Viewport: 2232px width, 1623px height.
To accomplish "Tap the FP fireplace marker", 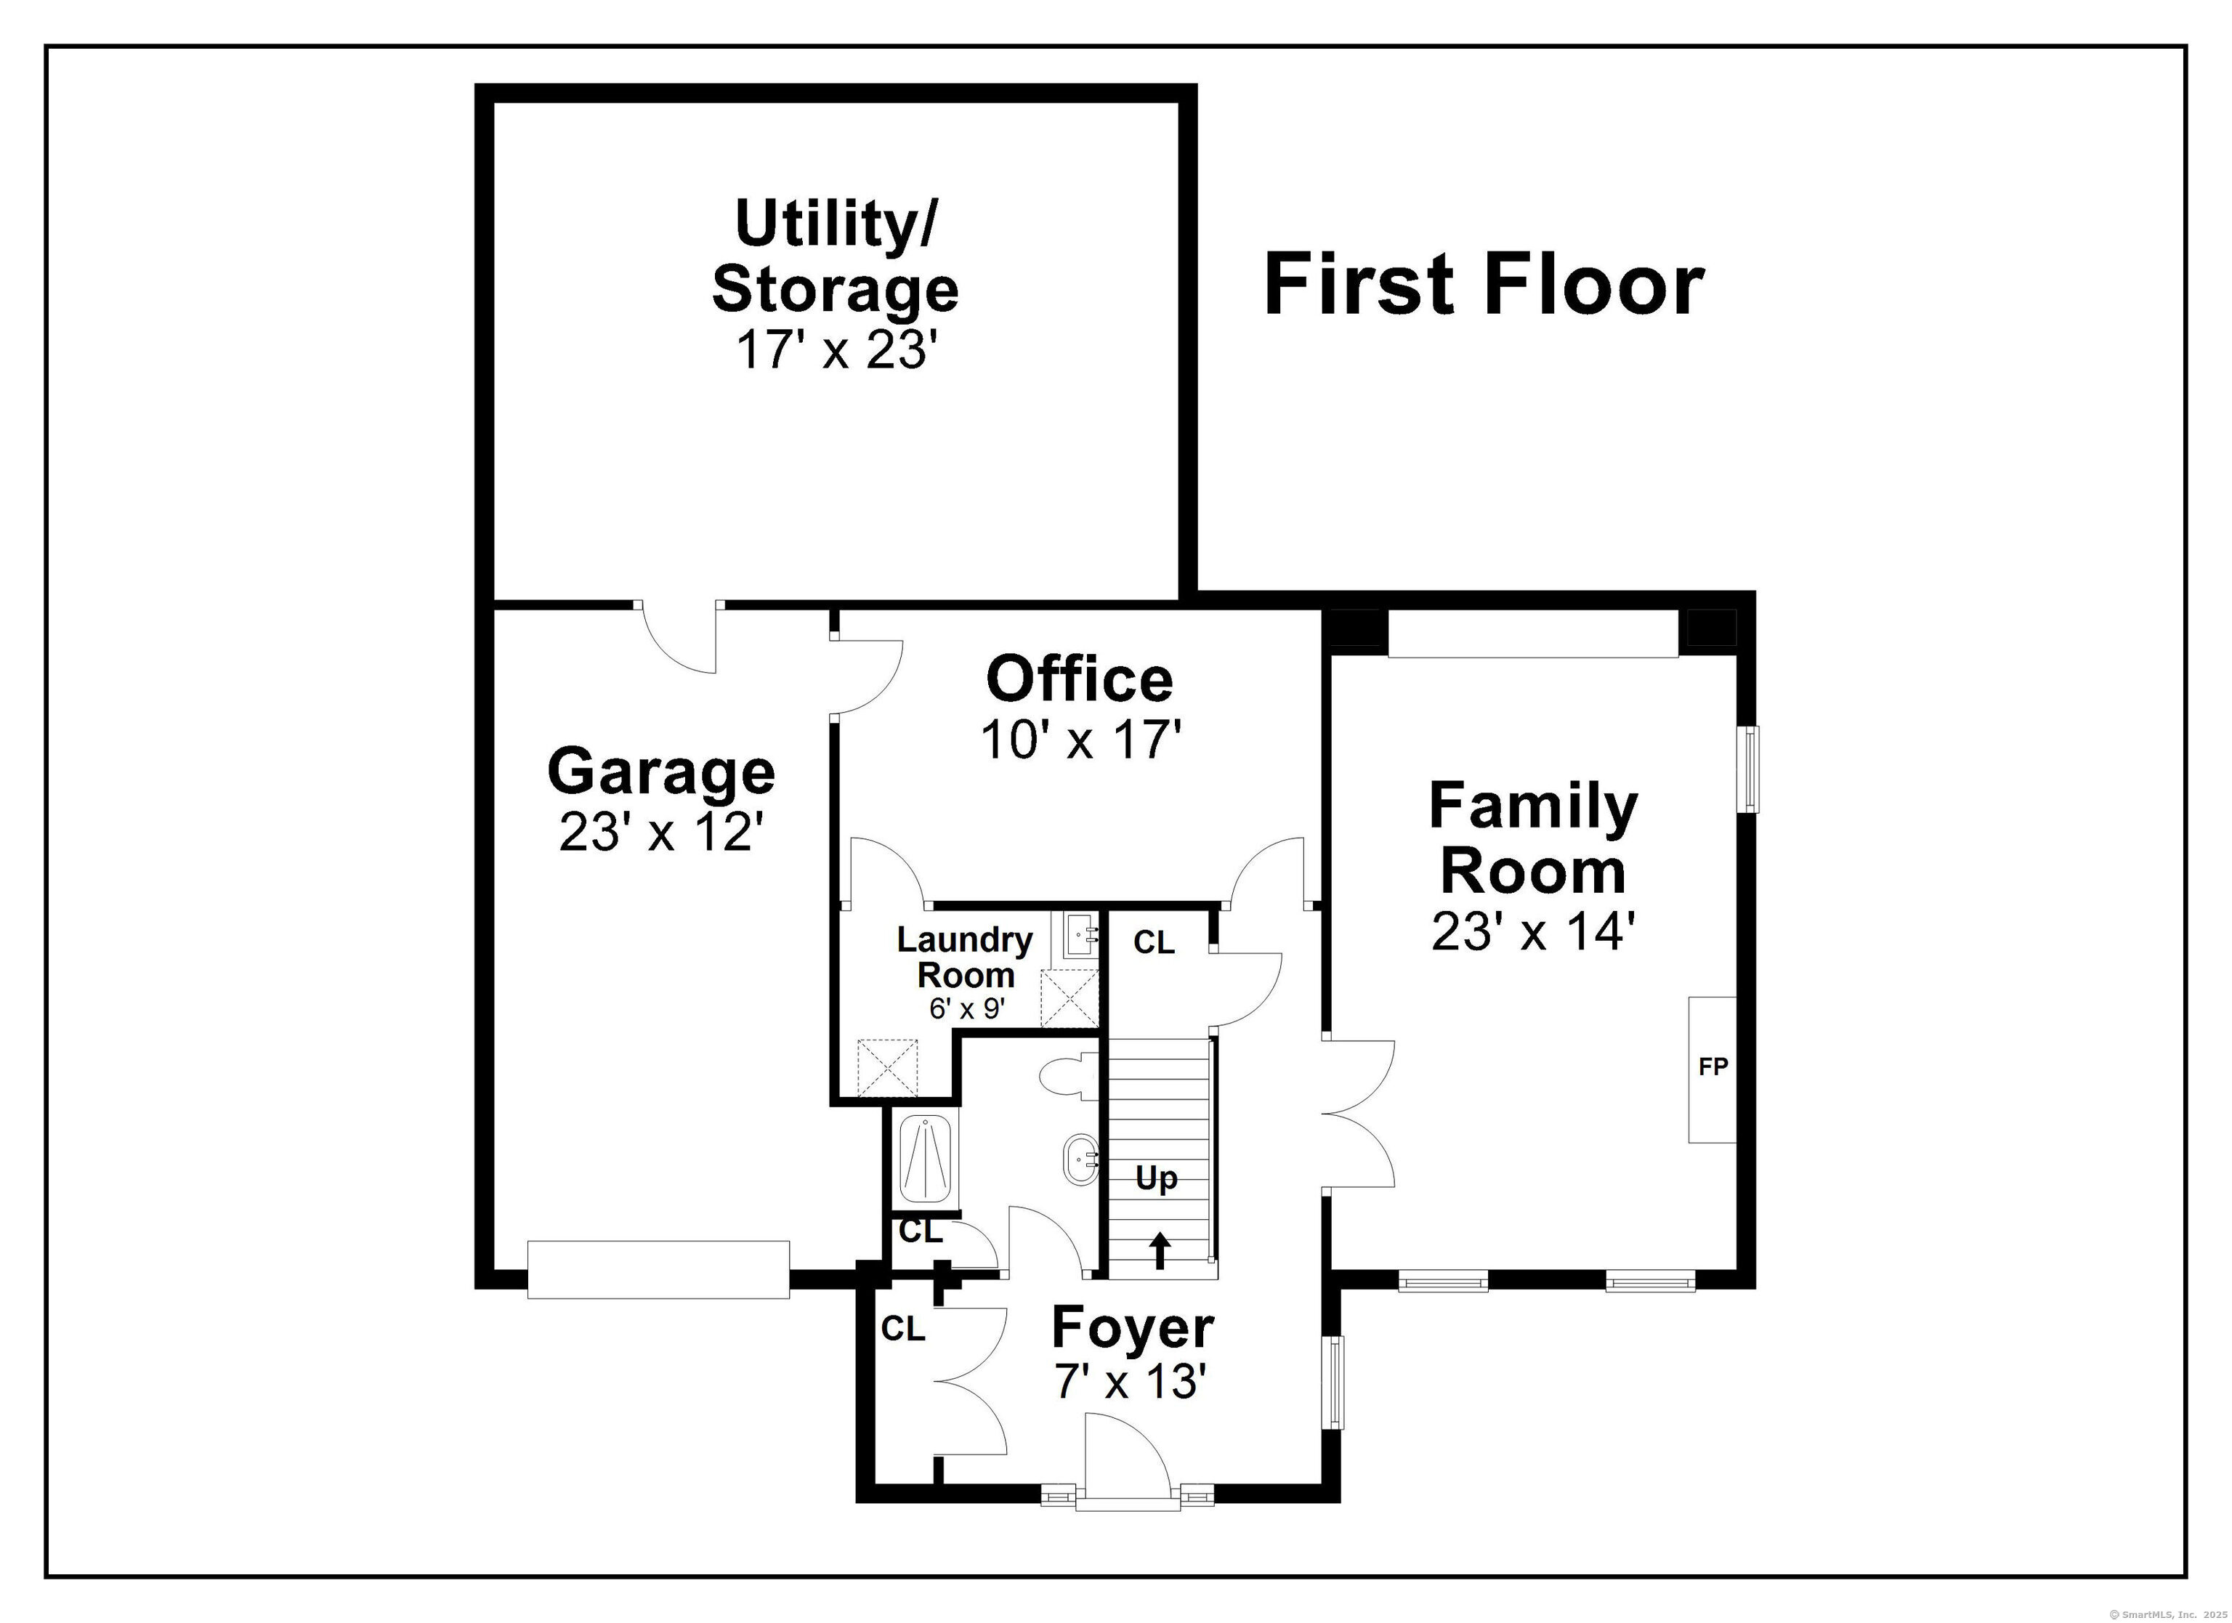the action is [1713, 1066].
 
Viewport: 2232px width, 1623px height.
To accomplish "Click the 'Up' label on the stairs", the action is [1157, 1178].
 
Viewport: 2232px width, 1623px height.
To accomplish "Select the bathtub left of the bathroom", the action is [927, 1159].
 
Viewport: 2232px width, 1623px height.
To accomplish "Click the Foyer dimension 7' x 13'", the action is [1131, 1382].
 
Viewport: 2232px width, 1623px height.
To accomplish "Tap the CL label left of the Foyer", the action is [903, 1329].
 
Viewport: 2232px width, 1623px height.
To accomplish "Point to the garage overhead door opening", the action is [658, 1270].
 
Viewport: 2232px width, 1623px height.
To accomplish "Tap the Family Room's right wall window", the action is [1748, 769].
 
